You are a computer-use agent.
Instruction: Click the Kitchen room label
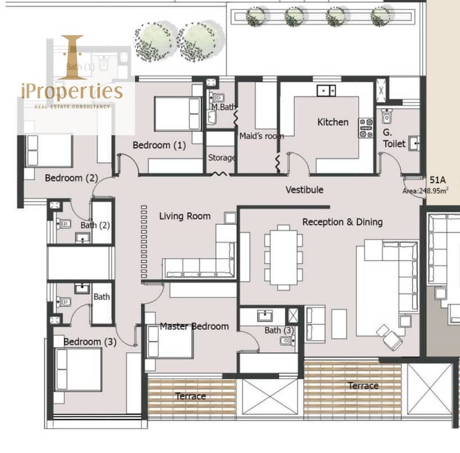click(x=333, y=122)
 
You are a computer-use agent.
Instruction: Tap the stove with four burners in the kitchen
click(x=366, y=128)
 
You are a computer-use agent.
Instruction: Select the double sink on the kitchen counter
click(x=326, y=90)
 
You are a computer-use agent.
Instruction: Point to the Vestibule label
click(x=305, y=190)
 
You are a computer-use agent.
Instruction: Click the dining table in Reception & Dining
click(x=283, y=258)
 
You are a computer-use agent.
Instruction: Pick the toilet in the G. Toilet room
click(x=387, y=116)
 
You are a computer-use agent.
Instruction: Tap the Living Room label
click(x=185, y=216)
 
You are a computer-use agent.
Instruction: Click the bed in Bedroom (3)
click(x=78, y=369)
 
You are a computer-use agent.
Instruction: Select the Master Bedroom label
click(x=194, y=326)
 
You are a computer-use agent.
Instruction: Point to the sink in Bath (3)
click(x=265, y=316)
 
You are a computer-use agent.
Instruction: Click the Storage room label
click(x=222, y=158)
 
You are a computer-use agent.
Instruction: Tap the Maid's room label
click(x=261, y=136)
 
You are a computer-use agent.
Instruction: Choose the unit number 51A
click(x=438, y=179)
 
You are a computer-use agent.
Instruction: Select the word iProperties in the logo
click(x=72, y=91)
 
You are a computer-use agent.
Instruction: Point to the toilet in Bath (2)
click(x=64, y=224)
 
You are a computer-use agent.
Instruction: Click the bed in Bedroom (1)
click(x=177, y=114)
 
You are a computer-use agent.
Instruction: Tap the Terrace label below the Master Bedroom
click(x=191, y=397)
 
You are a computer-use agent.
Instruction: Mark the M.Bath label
click(x=223, y=107)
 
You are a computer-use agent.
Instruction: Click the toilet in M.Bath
click(x=217, y=97)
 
